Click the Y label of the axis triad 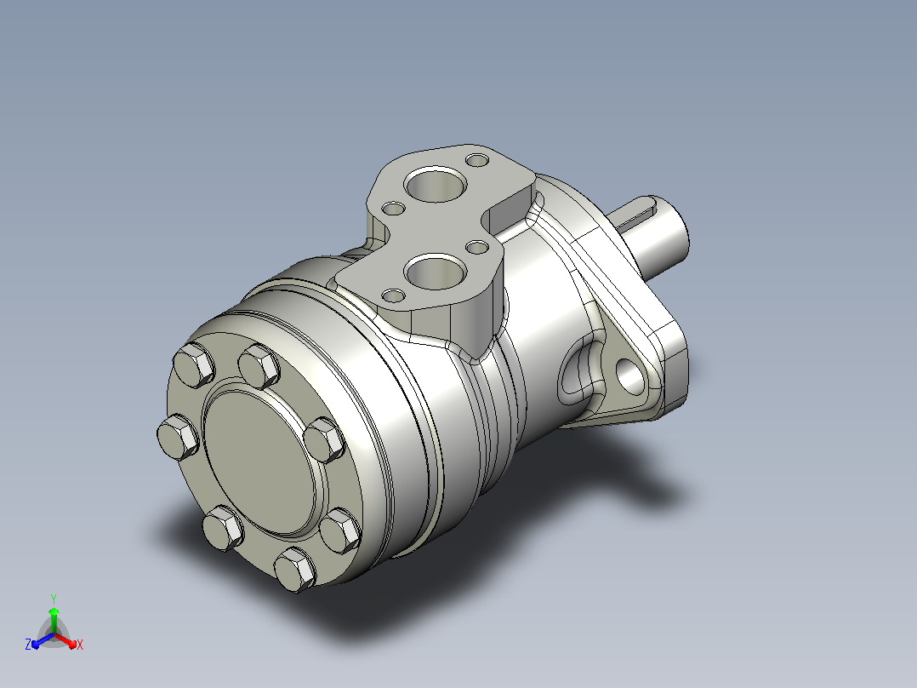pyautogui.click(x=54, y=599)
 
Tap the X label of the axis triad pyautogui.click(x=80, y=645)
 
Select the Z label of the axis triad pyautogui.click(x=28, y=645)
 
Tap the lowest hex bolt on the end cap pyautogui.click(x=295, y=569)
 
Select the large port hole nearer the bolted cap pyautogui.click(x=436, y=271)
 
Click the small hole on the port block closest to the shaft pyautogui.click(x=478, y=160)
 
